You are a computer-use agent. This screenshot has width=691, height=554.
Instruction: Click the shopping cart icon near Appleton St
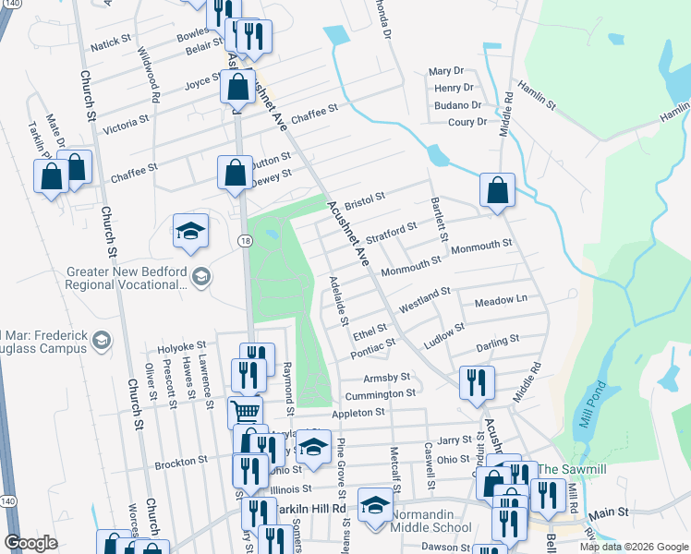pyautogui.click(x=245, y=411)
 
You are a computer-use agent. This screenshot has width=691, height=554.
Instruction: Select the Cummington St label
pyautogui.click(x=380, y=394)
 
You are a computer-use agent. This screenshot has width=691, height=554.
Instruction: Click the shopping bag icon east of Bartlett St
pyautogui.click(x=497, y=191)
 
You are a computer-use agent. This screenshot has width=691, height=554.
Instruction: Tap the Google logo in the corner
pyautogui.click(x=31, y=543)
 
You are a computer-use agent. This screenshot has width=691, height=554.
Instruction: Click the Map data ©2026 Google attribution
pyautogui.click(x=633, y=547)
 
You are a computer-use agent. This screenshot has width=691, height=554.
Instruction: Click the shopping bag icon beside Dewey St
pyautogui.click(x=236, y=172)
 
